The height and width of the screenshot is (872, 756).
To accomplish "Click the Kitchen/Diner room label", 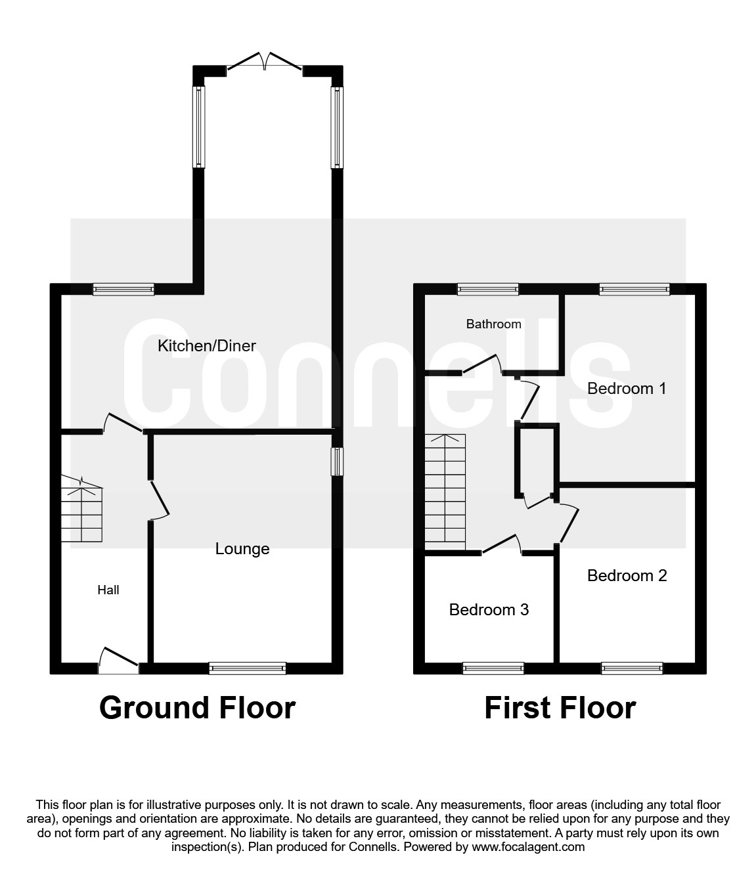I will tap(206, 345).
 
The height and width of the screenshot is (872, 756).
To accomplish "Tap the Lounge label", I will tap(242, 548).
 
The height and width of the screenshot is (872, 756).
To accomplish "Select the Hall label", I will tap(108, 590).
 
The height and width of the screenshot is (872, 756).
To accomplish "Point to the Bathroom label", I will tap(493, 324).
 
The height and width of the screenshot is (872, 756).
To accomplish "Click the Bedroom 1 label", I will tap(627, 388).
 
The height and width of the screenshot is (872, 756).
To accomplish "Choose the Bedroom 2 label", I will tap(627, 575).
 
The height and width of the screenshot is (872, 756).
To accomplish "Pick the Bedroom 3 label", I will tap(489, 609).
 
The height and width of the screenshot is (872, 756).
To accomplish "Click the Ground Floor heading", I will tap(197, 708).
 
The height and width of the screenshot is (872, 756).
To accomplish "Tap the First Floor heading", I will tap(560, 708).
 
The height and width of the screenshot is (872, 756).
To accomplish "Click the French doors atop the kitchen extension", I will tap(264, 63).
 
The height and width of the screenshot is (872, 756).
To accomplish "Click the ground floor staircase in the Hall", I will tap(82, 510).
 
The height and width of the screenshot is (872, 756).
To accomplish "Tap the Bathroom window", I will tap(487, 289).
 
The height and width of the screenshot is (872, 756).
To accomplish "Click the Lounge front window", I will tap(248, 668).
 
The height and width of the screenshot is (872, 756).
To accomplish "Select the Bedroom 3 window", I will tap(493, 668).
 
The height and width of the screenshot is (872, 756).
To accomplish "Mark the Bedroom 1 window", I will tap(634, 289).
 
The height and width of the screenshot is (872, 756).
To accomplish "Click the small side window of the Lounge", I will tap(337, 461).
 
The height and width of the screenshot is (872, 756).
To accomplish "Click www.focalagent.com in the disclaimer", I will tap(528, 847).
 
